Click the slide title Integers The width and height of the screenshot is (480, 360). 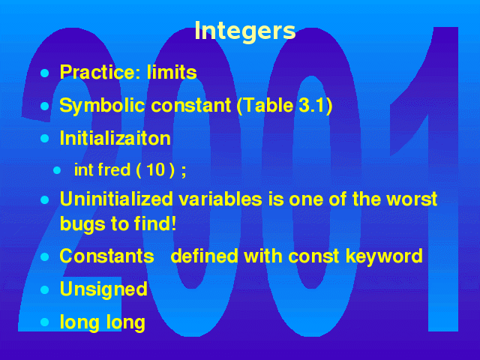click(245, 31)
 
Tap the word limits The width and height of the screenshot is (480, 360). click(172, 72)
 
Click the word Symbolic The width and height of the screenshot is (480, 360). click(102, 106)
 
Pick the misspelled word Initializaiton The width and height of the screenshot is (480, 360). click(115, 138)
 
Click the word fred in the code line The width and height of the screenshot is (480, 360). click(114, 169)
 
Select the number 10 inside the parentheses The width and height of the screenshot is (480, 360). click(156, 169)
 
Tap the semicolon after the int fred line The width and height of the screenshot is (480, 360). click(183, 172)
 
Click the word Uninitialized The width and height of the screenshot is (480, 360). click(117, 199)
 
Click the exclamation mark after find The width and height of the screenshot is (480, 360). click(173, 223)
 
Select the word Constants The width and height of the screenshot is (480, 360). click(106, 256)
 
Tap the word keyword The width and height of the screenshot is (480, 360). click(384, 256)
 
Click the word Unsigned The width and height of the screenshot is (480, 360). click(103, 289)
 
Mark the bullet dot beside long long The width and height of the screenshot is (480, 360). click(45, 322)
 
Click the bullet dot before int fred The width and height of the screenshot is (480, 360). click(57, 170)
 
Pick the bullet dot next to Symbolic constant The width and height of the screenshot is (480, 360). click(45, 106)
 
